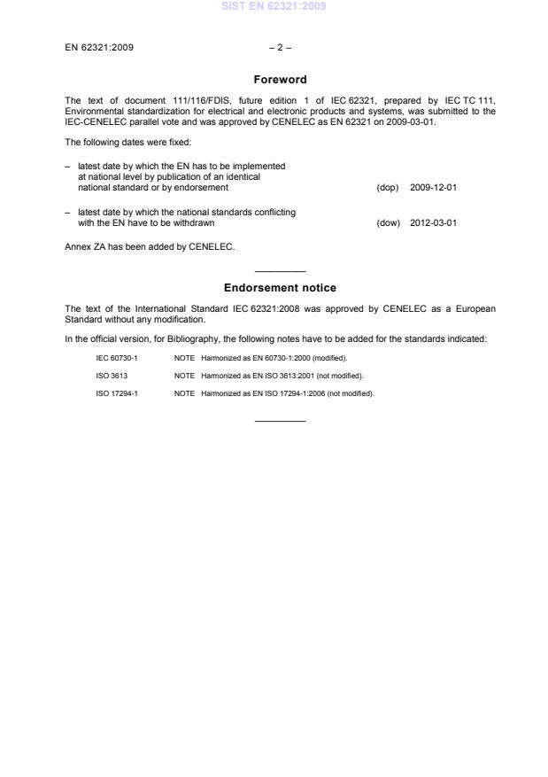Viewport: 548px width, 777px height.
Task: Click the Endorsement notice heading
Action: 280,288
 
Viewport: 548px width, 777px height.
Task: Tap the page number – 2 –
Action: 280,48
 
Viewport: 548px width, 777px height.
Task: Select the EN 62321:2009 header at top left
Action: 99,48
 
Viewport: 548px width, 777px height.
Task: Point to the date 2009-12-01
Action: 433,188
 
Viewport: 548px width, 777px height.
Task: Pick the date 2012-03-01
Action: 433,223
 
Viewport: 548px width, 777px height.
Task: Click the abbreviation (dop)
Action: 388,188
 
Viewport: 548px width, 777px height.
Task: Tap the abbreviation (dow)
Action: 389,223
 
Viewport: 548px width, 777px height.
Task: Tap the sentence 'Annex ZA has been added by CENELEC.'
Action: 150,247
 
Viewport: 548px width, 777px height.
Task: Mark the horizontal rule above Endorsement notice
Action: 280,271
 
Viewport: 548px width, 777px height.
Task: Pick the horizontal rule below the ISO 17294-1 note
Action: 280,419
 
